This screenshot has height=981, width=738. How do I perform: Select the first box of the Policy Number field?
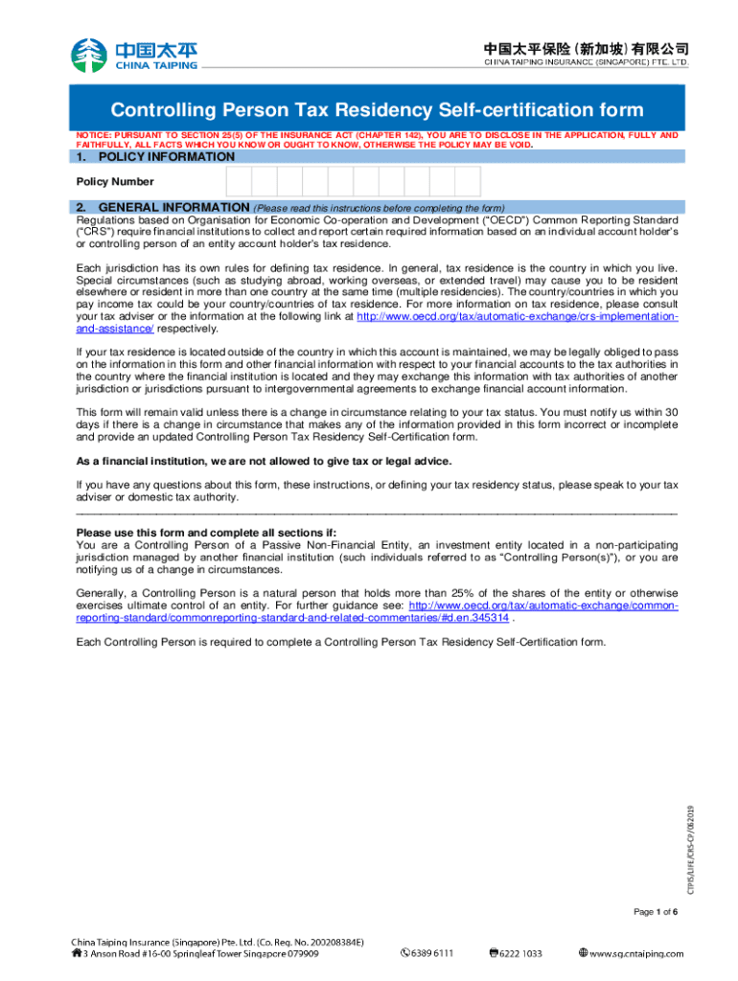point(239,181)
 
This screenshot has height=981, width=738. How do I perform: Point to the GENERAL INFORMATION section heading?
point(174,207)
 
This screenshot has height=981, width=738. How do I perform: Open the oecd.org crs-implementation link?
point(518,316)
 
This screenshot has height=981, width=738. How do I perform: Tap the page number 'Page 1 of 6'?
point(656,911)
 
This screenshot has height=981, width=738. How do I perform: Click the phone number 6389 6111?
point(431,953)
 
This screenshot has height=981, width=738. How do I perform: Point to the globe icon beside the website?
point(584,953)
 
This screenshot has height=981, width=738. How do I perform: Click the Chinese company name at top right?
point(586,49)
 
